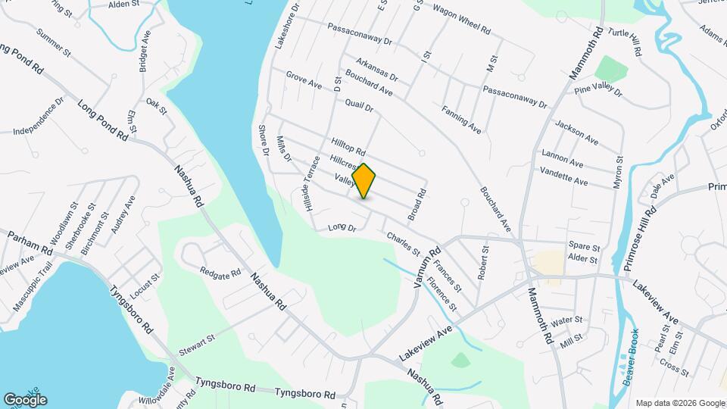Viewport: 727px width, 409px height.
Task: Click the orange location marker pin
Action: pos(364,180)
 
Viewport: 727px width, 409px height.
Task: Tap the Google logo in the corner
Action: pos(24,399)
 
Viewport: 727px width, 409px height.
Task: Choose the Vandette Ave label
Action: pos(563,176)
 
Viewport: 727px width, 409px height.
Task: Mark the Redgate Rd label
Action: pos(220,270)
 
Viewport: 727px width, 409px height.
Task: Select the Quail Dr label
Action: pos(359,105)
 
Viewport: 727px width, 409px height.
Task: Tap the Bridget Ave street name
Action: pos(145,51)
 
